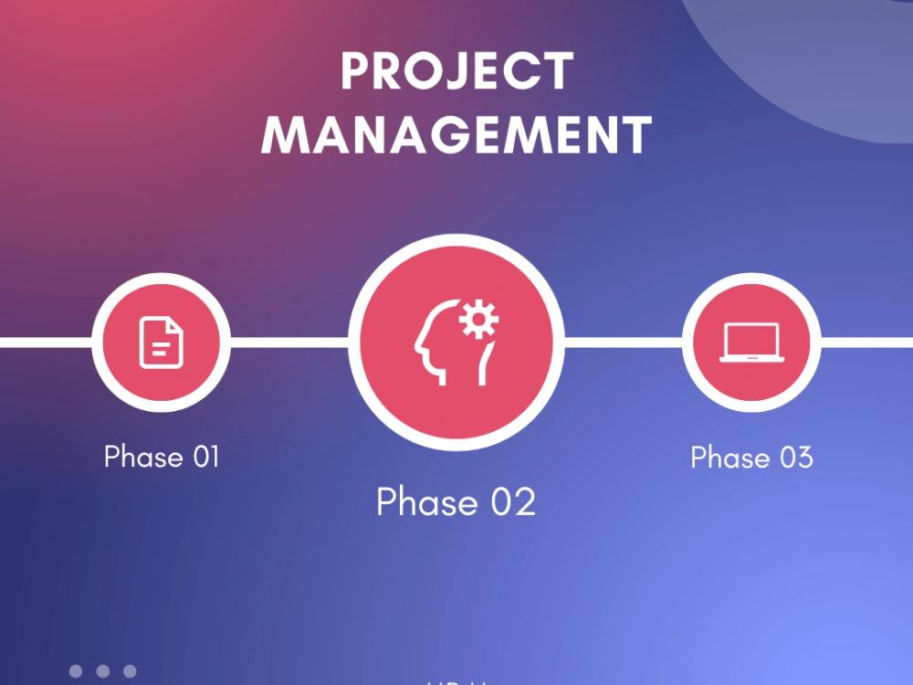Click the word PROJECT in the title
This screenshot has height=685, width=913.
tap(456, 71)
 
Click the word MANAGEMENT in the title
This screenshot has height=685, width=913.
tap(456, 134)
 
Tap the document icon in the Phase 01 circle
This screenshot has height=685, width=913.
tap(161, 342)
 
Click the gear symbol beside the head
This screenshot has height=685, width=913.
tap(478, 321)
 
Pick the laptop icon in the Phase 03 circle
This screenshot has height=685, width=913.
tap(750, 343)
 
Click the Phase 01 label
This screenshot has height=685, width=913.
tap(162, 456)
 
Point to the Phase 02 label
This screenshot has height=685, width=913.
tap(456, 501)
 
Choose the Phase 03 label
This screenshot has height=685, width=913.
tap(751, 457)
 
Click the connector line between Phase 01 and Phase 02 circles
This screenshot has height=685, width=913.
tap(289, 342)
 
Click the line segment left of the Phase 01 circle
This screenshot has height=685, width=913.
tap(46, 342)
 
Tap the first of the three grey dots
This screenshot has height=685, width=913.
tap(76, 671)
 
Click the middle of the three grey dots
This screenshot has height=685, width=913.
tap(103, 671)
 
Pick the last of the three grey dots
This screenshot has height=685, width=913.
tap(130, 671)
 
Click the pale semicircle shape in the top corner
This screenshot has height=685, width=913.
tap(822, 64)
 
